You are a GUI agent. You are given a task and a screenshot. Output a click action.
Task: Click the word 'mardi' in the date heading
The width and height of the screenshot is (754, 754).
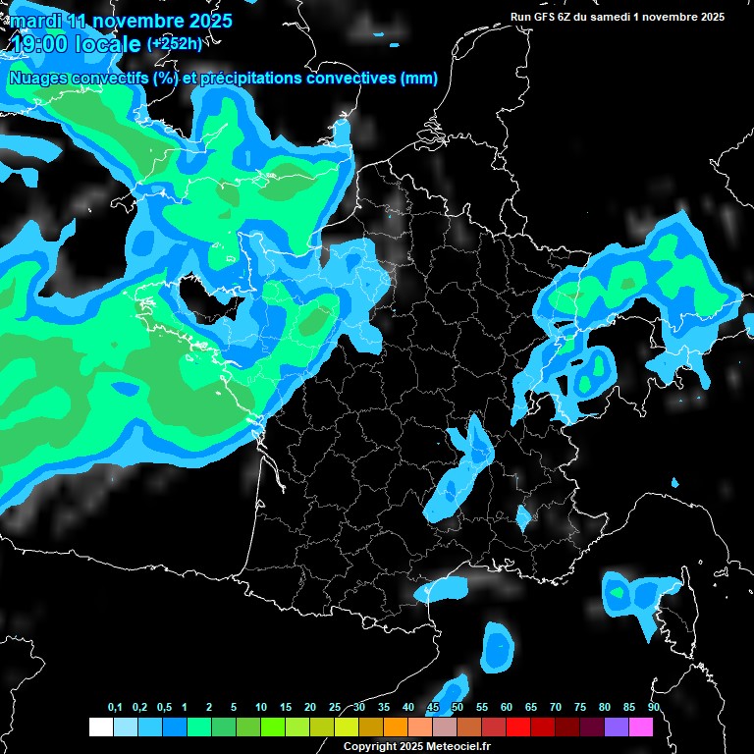tap(34, 21)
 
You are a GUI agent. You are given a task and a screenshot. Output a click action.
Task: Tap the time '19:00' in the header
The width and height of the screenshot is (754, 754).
tap(40, 44)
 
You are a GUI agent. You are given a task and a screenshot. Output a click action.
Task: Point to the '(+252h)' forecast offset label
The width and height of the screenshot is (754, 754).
tap(175, 43)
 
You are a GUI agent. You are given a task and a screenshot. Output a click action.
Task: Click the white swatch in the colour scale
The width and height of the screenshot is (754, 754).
tap(100, 727)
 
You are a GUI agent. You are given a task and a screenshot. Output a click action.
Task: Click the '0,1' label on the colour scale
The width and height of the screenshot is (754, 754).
tap(115, 708)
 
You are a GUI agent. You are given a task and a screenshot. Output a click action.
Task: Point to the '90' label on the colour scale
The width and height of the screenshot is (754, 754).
tap(654, 708)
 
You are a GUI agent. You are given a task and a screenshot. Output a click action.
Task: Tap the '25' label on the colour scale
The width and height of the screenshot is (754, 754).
tap(335, 708)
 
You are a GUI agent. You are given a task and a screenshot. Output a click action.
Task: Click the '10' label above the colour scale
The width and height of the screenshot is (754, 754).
tap(261, 708)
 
